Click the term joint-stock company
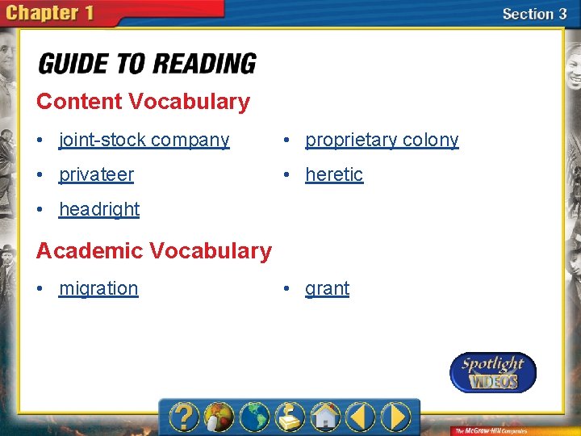coord(144,140)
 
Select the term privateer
coord(96,174)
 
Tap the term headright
coord(99,209)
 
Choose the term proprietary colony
coord(382,140)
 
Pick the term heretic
coord(334,174)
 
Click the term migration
coord(98,288)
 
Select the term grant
coord(327,288)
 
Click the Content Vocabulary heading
coord(143,102)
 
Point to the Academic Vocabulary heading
coord(154,251)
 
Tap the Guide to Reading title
coord(148,64)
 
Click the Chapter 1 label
coord(54,14)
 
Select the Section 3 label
coord(533,14)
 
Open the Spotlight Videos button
coord(492,372)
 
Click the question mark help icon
coord(185,417)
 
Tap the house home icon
coord(324,417)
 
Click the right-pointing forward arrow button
coord(396,417)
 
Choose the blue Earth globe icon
coord(254,417)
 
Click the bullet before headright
coord(41,209)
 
